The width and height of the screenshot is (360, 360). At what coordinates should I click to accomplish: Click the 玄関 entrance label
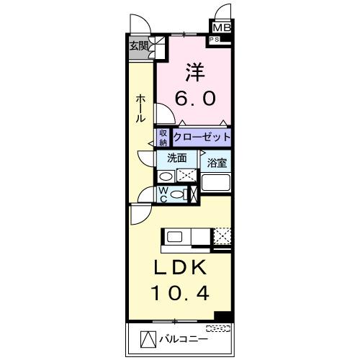(138, 46)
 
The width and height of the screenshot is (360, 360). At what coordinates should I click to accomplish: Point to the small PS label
(214, 40)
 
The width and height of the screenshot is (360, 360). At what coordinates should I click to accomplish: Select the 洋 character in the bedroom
(192, 73)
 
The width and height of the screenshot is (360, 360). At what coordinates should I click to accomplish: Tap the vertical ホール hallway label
(141, 108)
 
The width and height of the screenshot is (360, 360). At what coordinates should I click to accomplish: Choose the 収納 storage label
(163, 136)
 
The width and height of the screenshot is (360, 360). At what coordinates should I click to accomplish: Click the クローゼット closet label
(202, 136)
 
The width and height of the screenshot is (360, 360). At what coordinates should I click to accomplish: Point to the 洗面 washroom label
(177, 158)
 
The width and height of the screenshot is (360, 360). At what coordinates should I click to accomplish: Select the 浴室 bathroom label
(217, 163)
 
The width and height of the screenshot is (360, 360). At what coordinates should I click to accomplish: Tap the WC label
(163, 193)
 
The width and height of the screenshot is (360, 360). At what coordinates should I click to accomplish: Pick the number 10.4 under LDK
(181, 294)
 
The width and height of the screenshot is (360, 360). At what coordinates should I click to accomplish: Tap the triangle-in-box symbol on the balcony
(146, 338)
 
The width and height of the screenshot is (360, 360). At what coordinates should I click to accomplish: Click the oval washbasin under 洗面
(166, 176)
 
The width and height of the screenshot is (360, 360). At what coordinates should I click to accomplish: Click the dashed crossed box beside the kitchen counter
(223, 235)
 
